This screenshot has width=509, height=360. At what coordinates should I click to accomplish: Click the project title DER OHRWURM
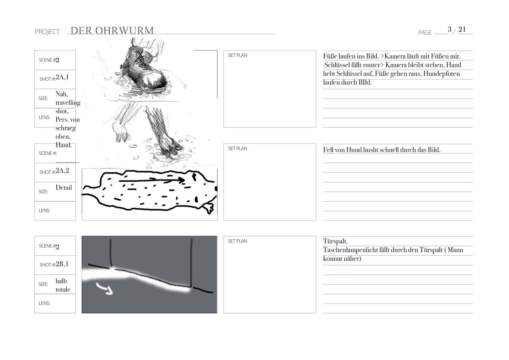[x=112, y=31]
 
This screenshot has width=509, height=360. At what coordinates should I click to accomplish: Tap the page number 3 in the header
[x=450, y=29]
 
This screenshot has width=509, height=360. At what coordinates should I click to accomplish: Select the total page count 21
[x=462, y=29]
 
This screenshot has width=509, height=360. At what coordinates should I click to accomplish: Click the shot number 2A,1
[x=62, y=77]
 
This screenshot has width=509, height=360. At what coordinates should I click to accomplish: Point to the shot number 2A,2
[x=62, y=171]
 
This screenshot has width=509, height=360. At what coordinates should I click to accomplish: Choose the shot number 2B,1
[x=62, y=264]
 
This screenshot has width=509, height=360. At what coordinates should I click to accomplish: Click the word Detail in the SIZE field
[x=64, y=187]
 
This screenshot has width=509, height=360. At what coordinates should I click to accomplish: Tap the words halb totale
[x=63, y=285]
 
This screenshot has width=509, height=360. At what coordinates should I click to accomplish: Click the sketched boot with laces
[x=145, y=68]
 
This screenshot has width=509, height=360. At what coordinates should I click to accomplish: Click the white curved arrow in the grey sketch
[x=105, y=288]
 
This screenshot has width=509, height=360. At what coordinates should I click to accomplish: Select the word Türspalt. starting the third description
[x=335, y=241]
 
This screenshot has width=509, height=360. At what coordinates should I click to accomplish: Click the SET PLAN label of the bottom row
[x=237, y=241]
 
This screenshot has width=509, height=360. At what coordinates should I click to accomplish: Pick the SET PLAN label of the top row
[x=237, y=55]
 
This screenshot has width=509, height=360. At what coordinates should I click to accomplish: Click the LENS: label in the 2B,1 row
[x=44, y=303]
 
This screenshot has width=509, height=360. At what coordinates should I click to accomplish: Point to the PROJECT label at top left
[x=47, y=32]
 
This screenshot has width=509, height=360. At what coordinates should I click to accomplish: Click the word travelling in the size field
[x=68, y=102]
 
